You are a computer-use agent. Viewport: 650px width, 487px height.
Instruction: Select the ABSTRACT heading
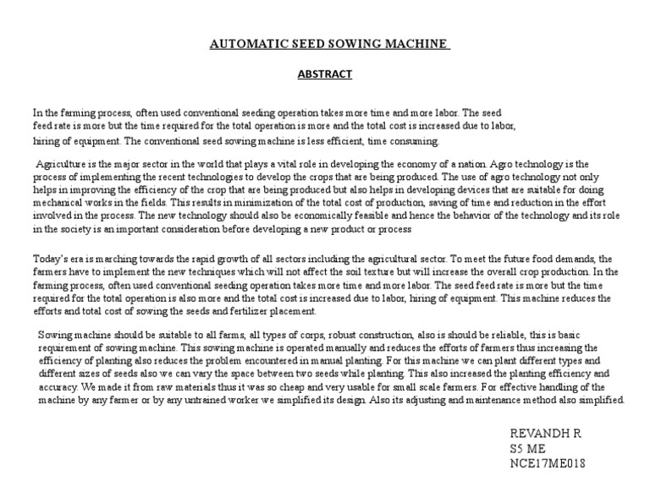point(324,74)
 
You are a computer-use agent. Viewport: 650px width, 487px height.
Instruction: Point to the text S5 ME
point(525,448)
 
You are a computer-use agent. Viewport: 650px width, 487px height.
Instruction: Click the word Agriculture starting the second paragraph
point(63,164)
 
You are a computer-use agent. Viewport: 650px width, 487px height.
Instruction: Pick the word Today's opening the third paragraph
point(50,259)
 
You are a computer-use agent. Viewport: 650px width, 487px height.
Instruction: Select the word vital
point(279,164)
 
